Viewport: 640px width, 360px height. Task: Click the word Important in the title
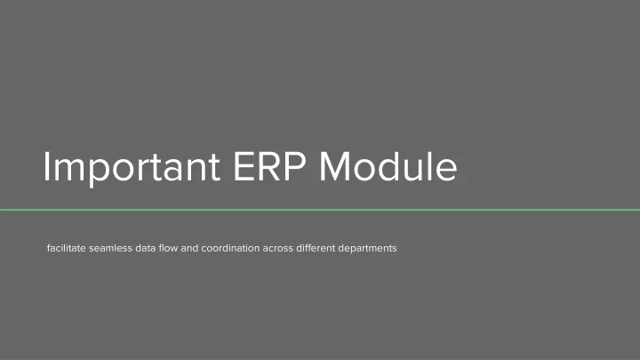pos(132,167)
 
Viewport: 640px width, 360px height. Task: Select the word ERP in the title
pos(269,166)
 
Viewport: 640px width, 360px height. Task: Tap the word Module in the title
pos(388,166)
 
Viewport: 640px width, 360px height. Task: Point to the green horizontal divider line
pos(320,210)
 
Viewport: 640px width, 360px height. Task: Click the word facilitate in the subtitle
pos(67,248)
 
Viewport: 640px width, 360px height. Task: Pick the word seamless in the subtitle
pos(110,248)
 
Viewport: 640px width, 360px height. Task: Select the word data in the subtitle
pos(146,248)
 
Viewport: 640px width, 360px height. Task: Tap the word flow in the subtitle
pos(168,248)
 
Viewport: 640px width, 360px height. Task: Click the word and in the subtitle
pos(189,248)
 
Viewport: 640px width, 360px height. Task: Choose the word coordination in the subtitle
pos(230,248)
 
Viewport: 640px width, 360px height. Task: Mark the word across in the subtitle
pos(278,248)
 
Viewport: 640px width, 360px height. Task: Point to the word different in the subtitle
pos(316,248)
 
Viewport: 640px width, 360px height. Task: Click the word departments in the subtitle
pos(367,249)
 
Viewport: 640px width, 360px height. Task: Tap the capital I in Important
pos(46,166)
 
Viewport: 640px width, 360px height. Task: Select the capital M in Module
pos(335,166)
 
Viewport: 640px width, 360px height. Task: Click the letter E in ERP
pos(244,166)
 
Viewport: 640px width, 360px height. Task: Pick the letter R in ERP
pos(270,166)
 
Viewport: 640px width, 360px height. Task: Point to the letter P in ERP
pos(295,166)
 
